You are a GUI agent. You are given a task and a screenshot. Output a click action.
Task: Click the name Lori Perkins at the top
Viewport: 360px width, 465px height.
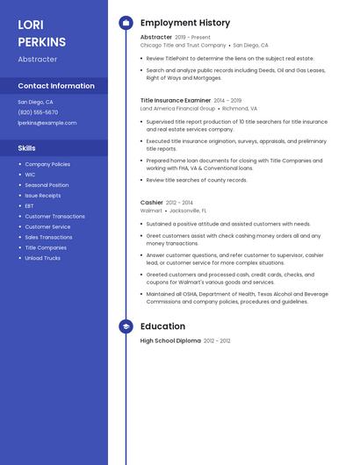[x=41, y=33]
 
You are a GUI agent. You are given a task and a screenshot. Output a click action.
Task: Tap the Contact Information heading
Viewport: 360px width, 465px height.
[x=56, y=86]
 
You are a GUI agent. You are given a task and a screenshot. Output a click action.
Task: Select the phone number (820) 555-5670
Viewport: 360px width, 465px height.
[x=38, y=112]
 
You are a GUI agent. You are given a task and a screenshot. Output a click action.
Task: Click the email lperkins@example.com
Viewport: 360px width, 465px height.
[x=47, y=123]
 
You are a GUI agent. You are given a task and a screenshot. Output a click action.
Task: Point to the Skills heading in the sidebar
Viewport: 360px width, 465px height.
[x=27, y=148]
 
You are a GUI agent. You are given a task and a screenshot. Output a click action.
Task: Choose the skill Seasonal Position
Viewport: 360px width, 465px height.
[x=47, y=185]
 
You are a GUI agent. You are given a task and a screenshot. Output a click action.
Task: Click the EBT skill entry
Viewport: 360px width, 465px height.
[x=31, y=206]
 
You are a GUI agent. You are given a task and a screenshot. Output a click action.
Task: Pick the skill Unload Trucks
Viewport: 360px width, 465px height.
[x=42, y=258]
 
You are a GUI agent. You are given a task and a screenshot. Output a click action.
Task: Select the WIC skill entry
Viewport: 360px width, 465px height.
[x=31, y=175]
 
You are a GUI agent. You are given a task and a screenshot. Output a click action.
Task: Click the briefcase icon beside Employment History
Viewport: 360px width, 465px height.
[x=126, y=23]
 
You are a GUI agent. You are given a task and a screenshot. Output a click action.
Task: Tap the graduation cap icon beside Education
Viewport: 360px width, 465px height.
[x=126, y=326]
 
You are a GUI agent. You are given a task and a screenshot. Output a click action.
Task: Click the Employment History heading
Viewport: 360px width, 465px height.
[x=185, y=23]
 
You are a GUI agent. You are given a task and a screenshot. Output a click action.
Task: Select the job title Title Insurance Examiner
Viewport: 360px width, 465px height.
[x=176, y=101]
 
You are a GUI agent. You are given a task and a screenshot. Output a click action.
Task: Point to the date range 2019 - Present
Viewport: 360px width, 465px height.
[x=192, y=38]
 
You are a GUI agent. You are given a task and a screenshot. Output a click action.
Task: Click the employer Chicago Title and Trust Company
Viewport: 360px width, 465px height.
[x=183, y=45]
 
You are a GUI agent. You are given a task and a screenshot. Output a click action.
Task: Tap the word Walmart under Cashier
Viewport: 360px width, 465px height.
[x=151, y=211]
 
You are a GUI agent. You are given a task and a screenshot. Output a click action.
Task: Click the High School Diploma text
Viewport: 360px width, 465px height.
[x=170, y=340]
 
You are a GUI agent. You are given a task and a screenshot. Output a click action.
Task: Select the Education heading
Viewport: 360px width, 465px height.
[x=162, y=326]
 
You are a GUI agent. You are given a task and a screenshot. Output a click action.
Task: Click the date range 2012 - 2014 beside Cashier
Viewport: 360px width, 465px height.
[x=179, y=203]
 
